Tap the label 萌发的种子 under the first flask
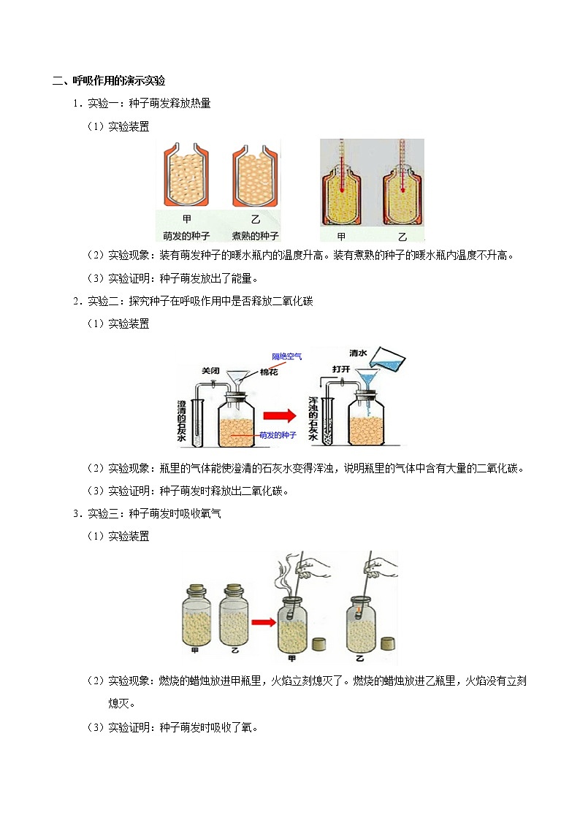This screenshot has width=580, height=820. tap(186, 236)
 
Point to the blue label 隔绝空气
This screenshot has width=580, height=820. tap(286, 356)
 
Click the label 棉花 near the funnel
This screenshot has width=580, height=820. tap(270, 372)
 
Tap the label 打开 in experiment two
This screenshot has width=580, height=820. tap(342, 369)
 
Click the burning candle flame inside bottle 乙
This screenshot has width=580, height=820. tap(359, 603)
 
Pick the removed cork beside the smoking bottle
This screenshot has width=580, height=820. tap(318, 645)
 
